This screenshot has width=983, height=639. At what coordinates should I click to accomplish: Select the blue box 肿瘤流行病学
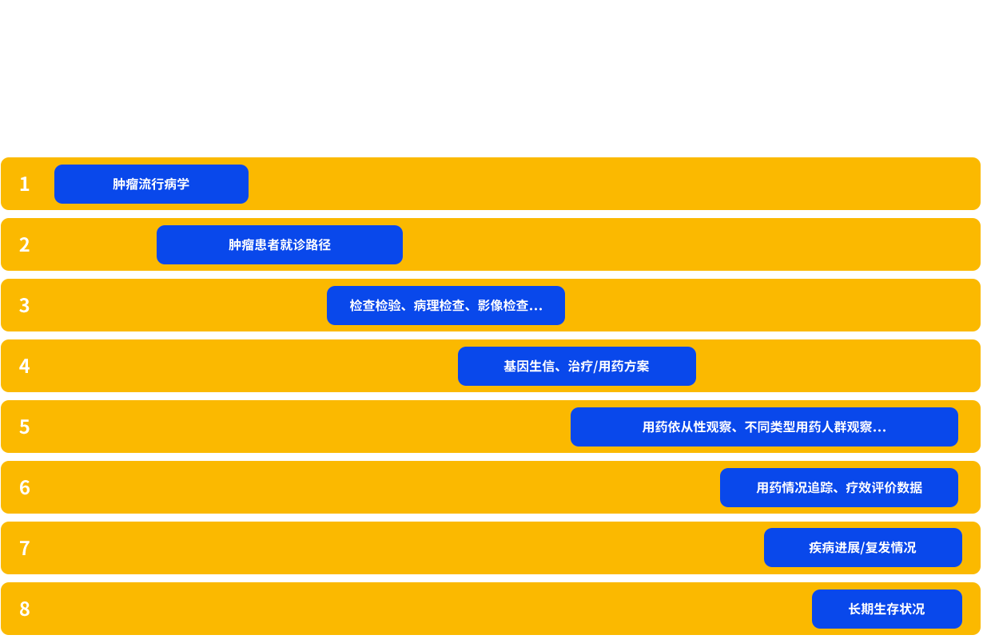[151, 185]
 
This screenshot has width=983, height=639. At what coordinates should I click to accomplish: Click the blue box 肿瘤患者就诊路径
[280, 245]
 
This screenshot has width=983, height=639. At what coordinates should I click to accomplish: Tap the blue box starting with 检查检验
[446, 306]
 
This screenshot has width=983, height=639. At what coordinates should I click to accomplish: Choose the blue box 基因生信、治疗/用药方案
[576, 367]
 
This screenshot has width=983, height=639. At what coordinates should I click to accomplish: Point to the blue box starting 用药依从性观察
[764, 427]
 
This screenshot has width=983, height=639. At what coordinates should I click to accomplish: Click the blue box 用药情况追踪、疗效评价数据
[839, 488]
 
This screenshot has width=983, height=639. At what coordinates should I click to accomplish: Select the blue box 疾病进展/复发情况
[862, 548]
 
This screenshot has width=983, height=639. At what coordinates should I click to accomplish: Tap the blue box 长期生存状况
[886, 609]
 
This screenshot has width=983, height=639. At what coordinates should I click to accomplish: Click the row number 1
[24, 185]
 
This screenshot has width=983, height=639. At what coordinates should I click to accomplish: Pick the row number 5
[24, 427]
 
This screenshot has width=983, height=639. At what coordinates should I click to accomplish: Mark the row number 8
[24, 609]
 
